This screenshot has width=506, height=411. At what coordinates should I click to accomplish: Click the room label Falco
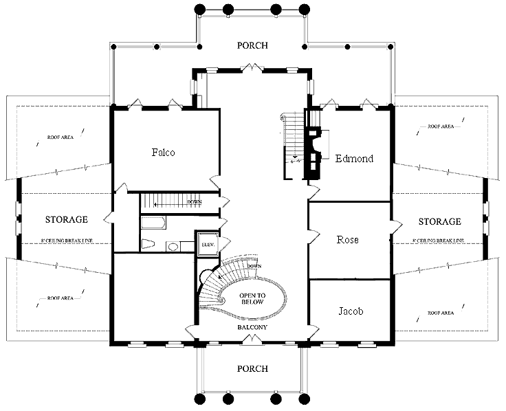pos(163,153)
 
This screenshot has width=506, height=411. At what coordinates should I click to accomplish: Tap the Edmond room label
pos(354,159)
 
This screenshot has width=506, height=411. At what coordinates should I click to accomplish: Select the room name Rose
pos(348,240)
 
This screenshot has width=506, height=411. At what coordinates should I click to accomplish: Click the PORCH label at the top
pos(252,46)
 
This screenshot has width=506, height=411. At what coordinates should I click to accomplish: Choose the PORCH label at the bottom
pos(252,368)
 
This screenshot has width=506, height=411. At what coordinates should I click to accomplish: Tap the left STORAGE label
pos(66,220)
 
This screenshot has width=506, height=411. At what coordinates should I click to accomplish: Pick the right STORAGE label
pos(439,221)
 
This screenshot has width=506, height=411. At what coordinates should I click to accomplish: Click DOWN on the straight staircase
pos(195,202)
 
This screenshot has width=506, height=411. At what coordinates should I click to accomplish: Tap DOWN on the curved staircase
pos(254,266)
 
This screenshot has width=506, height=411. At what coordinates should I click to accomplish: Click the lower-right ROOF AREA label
pos(439,313)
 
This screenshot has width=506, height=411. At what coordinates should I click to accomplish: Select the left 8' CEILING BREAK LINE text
pos(66,241)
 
